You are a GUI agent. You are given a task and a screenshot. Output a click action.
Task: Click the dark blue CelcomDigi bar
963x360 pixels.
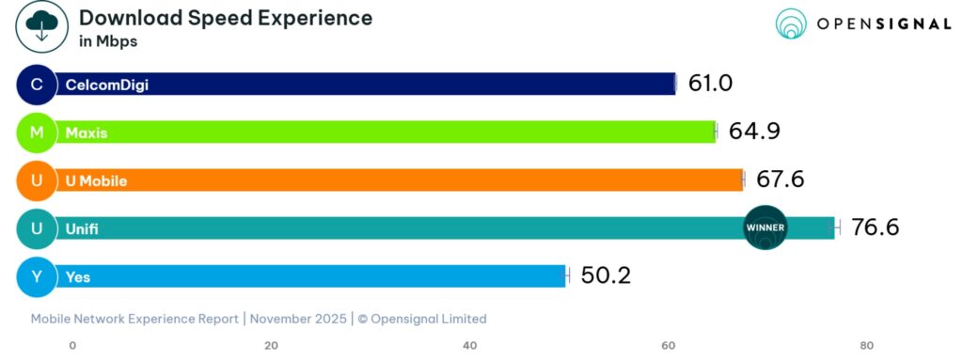(x=367, y=85)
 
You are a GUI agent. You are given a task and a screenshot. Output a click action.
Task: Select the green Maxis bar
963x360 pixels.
(x=386, y=133)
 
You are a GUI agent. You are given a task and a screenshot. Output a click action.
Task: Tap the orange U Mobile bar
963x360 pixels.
(x=400, y=180)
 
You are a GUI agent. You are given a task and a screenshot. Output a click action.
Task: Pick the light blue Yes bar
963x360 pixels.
(x=310, y=276)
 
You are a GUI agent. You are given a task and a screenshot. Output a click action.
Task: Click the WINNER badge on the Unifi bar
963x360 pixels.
(x=765, y=227)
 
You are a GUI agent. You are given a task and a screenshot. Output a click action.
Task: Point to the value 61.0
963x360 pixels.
(x=710, y=84)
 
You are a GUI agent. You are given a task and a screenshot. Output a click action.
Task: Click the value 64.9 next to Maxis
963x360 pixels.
(x=754, y=132)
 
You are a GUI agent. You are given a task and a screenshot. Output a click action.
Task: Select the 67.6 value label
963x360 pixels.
(x=780, y=180)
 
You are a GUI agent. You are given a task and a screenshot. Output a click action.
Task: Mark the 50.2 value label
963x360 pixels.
(x=605, y=275)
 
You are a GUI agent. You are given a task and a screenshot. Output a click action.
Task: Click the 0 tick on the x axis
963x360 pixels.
(x=72, y=345)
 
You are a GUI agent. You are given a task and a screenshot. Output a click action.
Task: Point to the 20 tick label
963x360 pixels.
(x=271, y=345)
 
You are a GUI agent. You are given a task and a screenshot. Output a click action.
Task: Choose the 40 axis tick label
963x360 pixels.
(x=470, y=345)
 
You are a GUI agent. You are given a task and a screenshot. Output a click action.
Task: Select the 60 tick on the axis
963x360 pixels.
(x=669, y=345)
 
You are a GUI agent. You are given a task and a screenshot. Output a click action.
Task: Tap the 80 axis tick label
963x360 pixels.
(x=867, y=345)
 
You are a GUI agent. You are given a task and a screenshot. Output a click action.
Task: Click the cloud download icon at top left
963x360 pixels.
(x=40, y=26)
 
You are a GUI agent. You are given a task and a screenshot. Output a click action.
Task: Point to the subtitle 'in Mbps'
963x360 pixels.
(x=109, y=42)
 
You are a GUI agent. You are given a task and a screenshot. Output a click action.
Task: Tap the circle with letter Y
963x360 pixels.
(x=37, y=276)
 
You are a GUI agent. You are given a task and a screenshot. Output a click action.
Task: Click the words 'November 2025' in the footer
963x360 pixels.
(x=297, y=319)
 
